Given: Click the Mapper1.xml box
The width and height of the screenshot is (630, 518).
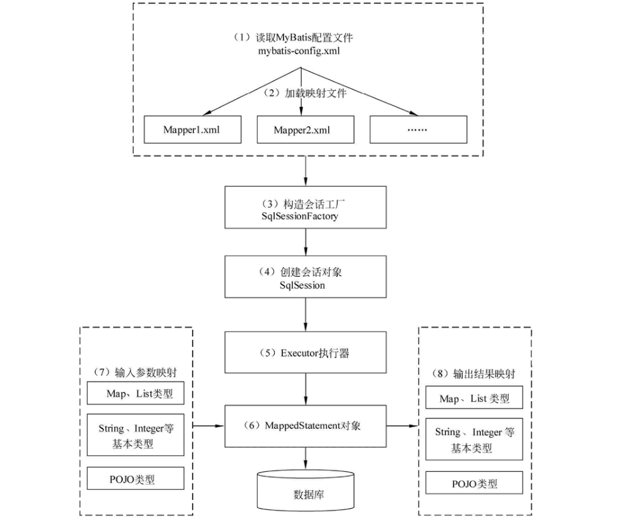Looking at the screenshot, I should click(191, 130).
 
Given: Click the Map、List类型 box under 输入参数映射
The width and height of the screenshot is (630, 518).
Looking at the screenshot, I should click(139, 394).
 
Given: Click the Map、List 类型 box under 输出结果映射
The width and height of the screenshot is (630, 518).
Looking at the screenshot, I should click(474, 398).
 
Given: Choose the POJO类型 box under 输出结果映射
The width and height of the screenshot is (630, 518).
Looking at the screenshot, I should click(474, 483).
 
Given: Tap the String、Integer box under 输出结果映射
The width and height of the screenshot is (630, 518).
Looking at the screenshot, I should click(474, 440).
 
